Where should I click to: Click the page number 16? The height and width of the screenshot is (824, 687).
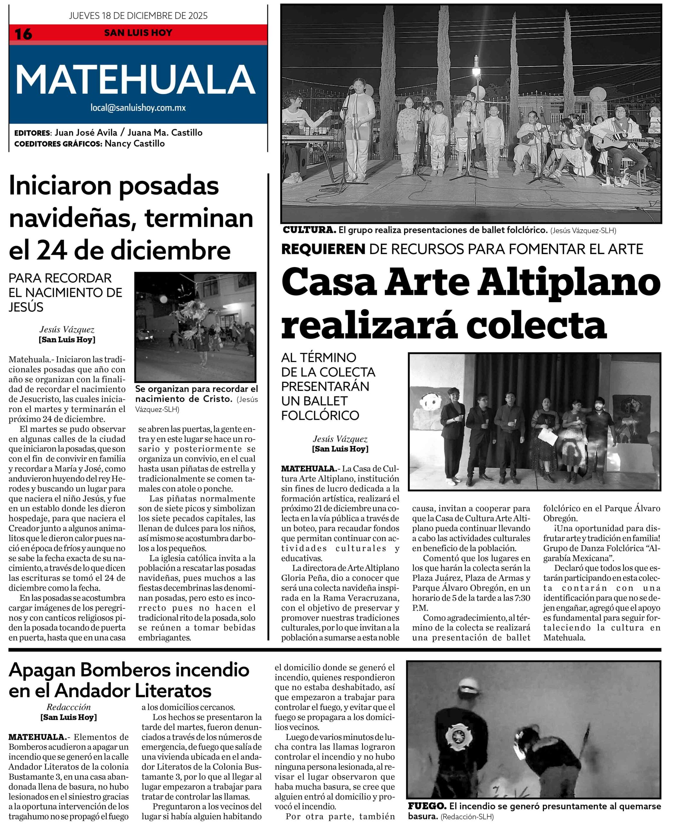pyautogui.click(x=23, y=34)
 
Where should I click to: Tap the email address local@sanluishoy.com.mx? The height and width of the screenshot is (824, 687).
pyautogui.click(x=138, y=108)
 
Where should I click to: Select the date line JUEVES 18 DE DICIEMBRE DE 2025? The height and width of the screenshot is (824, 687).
pyautogui.click(x=138, y=16)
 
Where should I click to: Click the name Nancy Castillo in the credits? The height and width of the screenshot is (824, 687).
pyautogui.click(x=135, y=144)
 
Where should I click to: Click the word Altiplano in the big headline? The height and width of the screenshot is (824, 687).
pyautogui.click(x=569, y=283)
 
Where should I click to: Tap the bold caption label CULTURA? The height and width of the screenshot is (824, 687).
pyautogui.click(x=309, y=230)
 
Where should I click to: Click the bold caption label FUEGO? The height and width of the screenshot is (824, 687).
pyautogui.click(x=427, y=806)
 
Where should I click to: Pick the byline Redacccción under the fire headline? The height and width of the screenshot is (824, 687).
pyautogui.click(x=69, y=707)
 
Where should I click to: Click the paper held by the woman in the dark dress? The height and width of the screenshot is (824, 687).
pyautogui.click(x=547, y=435)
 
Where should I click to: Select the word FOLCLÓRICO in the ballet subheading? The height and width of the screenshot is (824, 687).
pyautogui.click(x=320, y=415)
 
